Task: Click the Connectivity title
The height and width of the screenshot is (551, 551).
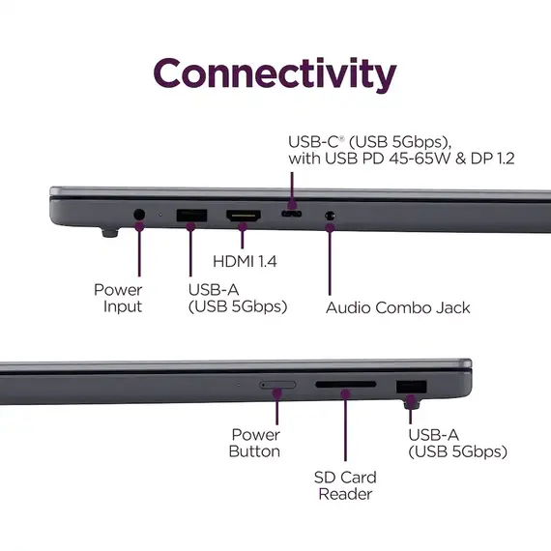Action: click(275, 74)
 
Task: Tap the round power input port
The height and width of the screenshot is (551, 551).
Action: click(139, 215)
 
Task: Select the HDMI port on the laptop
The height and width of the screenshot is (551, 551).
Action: click(244, 216)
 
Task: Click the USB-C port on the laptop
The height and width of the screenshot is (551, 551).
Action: click(291, 214)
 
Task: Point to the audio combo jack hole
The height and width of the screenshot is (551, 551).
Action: click(330, 215)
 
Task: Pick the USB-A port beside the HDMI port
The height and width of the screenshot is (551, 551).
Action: click(191, 216)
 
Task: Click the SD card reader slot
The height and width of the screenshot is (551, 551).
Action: click(346, 385)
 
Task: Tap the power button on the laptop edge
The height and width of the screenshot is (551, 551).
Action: click(277, 385)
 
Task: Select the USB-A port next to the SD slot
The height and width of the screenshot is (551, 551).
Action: click(412, 387)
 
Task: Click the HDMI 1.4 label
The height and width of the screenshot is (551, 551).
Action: click(245, 261)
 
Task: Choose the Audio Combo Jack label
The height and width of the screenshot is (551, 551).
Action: click(398, 307)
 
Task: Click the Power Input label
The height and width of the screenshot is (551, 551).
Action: click(119, 298)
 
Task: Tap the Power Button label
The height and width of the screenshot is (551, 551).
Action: click(255, 443)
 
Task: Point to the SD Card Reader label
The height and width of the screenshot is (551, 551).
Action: click(345, 486)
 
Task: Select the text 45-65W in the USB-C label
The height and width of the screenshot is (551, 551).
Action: click(420, 159)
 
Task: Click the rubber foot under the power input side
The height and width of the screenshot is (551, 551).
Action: click(110, 233)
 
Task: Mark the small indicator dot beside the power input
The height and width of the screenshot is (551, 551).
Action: click(160, 214)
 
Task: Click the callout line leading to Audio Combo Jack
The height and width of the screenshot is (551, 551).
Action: click(330, 260)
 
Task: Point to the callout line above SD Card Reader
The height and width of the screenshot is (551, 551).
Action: click(345, 427)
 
